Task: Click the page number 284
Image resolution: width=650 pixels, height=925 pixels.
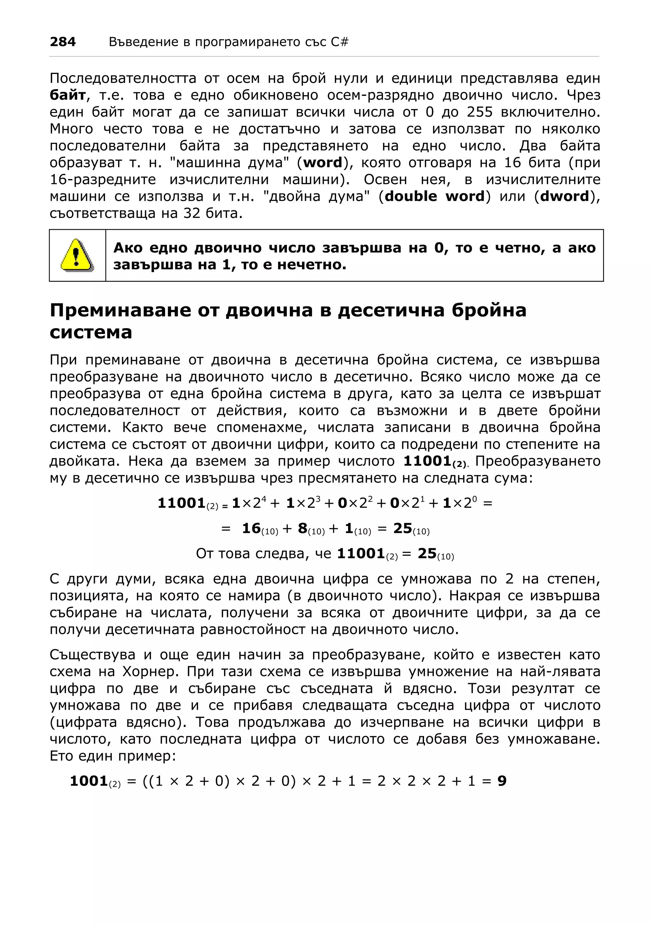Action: pos(63,42)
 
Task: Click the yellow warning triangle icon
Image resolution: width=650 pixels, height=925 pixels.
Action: pos(76,255)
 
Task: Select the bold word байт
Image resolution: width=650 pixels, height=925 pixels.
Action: pos(68,95)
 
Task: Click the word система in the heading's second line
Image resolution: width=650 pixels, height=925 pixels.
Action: pos(91,333)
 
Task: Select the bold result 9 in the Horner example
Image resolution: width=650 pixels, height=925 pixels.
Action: pos(502,781)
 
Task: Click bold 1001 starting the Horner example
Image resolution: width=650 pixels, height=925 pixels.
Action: pos(89,781)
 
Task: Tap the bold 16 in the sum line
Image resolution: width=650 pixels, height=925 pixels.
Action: pos(251,529)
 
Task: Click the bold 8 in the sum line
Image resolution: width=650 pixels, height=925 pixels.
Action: pos(302,529)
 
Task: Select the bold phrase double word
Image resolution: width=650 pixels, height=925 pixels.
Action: pos(434,196)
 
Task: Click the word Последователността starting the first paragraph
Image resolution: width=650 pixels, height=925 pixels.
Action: pos(123,78)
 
